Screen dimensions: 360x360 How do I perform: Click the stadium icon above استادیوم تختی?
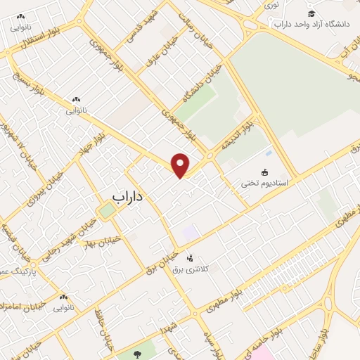264,172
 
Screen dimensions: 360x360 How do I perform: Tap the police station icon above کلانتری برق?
189,258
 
